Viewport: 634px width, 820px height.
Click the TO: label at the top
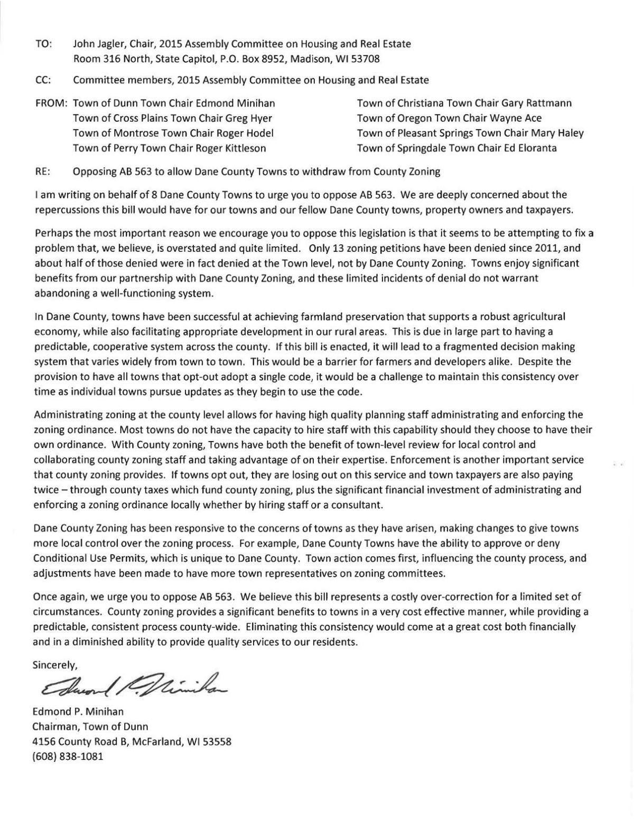pos(43,44)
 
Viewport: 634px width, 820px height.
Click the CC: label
pos(43,80)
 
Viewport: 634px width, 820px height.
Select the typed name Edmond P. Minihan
pos(78,712)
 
